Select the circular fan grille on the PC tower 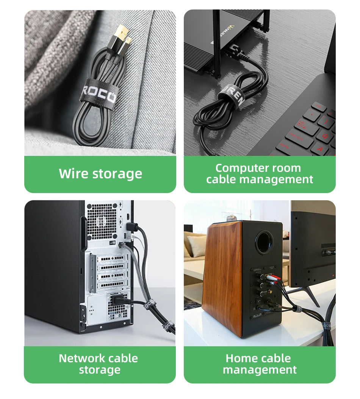tap(101, 222)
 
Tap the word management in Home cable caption tap(260, 370)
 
